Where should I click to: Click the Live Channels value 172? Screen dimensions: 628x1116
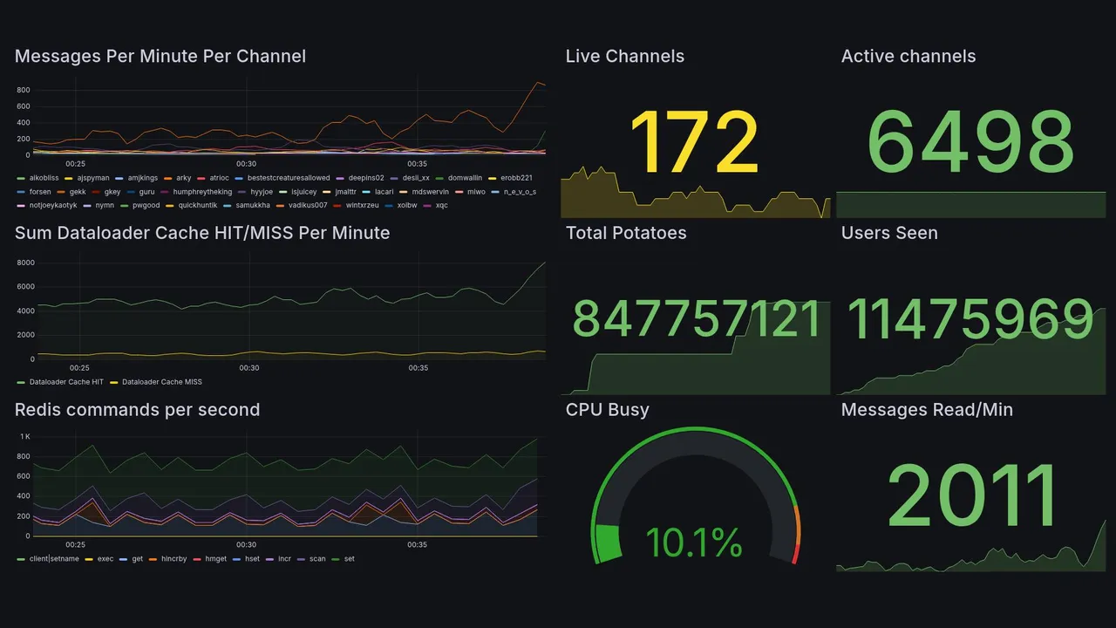coord(694,143)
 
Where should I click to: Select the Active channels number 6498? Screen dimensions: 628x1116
coord(970,143)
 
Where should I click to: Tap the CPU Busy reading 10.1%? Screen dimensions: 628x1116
coord(694,543)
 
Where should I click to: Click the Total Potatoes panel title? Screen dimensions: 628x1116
coord(625,233)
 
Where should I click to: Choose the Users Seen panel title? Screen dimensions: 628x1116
coord(888,233)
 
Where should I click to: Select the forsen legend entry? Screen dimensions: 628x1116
coord(39,191)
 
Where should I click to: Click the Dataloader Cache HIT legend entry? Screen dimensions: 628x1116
coord(65,381)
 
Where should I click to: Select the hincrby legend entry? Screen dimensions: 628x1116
coord(173,558)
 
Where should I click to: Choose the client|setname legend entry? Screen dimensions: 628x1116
coord(53,558)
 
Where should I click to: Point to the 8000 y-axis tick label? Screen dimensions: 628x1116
coord(25,263)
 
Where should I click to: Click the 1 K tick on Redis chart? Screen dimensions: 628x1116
coord(25,436)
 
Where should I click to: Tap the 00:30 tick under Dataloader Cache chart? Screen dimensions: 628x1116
coord(249,368)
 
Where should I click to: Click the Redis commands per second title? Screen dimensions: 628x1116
coord(137,410)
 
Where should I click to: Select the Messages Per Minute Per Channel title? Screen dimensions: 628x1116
coord(160,57)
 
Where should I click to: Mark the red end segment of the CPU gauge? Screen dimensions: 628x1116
coord(794,553)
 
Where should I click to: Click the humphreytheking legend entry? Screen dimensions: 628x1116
coord(202,191)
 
